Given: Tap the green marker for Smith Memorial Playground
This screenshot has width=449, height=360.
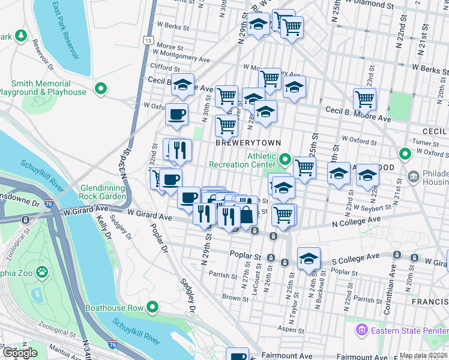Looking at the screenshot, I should pyautogui.click(x=101, y=89).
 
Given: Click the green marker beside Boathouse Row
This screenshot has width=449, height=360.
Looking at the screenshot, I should pyautogui.click(x=152, y=308).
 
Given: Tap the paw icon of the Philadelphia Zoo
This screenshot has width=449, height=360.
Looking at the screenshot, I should pyautogui.click(x=41, y=272).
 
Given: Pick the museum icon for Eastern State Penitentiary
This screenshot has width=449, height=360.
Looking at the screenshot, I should pyautogui.click(x=361, y=329).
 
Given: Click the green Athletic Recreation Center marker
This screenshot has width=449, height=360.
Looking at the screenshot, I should pyautogui.click(x=285, y=160).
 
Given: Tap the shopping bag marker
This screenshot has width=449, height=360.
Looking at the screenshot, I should pyautogui.click(x=246, y=214).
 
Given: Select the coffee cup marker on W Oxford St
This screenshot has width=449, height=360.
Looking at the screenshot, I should pyautogui.click(x=176, y=114).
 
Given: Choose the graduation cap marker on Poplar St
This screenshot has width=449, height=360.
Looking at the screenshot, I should pyautogui.click(x=309, y=258).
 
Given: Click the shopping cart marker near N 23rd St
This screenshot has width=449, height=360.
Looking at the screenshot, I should pyautogui.click(x=364, y=99).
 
